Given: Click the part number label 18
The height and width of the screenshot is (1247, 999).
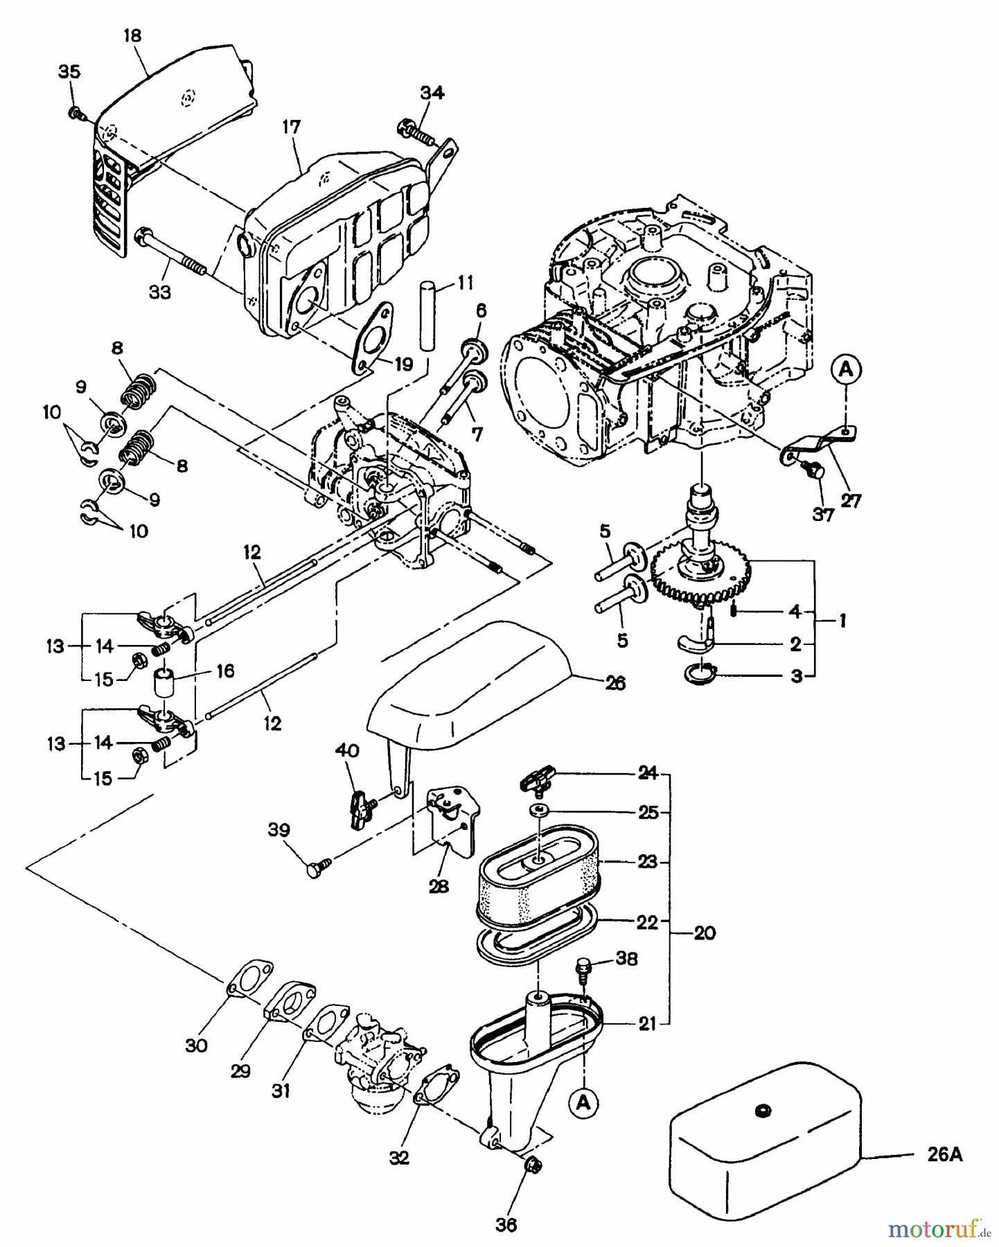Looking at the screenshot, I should [x=132, y=35].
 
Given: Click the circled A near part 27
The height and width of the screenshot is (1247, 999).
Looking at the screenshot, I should [x=845, y=371].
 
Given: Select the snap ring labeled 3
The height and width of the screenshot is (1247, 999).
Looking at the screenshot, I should [x=698, y=672].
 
